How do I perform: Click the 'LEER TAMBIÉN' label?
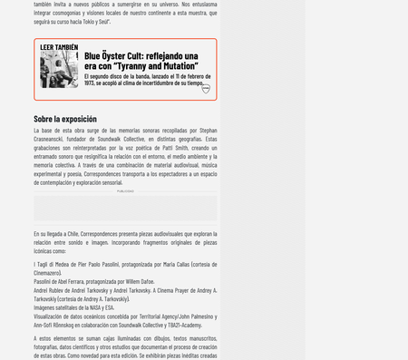[x=59, y=47]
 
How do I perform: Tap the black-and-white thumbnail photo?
[x=59, y=70]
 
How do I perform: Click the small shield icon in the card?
[x=206, y=89]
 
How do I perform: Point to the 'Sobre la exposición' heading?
[x=65, y=119]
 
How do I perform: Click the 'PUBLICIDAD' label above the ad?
[x=125, y=191]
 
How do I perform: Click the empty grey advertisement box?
[x=125, y=208]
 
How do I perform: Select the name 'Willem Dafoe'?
[x=140, y=281]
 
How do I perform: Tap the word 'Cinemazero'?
[x=47, y=273]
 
